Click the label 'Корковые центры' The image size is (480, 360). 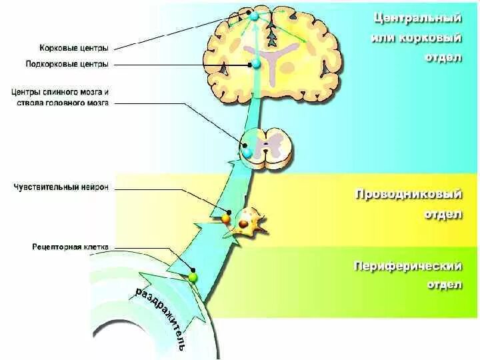pos(73,48)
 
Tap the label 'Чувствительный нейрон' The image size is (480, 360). pos(61,188)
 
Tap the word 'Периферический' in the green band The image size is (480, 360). pos(407,267)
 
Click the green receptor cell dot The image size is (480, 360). pos(193,277)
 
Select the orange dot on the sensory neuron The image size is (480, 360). pos(226,218)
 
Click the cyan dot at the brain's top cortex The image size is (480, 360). pos(254,13)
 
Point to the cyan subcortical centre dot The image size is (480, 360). pos(255,64)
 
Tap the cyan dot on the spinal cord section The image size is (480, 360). pos(248,153)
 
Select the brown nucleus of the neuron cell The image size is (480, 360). pos(244,225)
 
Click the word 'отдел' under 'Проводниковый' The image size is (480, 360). pos(443,215)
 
